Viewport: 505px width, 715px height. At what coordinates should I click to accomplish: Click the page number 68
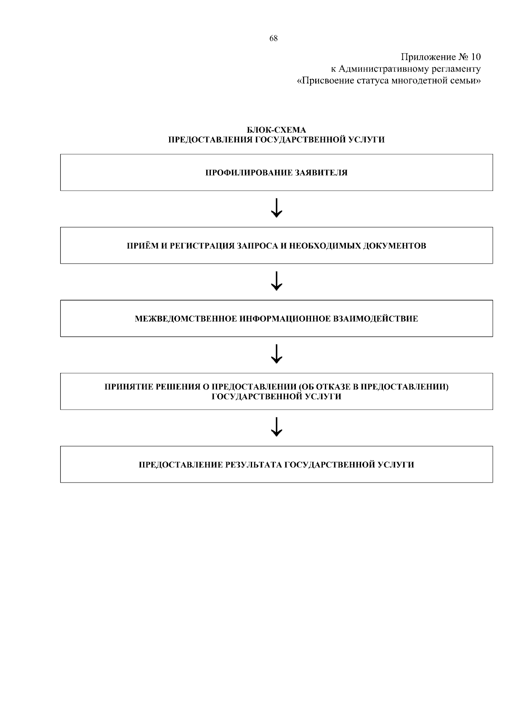click(x=274, y=38)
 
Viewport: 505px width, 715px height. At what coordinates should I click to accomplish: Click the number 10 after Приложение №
click(x=476, y=57)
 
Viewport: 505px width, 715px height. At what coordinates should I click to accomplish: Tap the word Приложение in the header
click(x=428, y=57)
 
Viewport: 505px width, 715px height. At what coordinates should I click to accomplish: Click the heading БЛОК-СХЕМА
click(x=276, y=130)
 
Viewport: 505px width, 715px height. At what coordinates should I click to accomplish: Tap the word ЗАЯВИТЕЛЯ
click(x=321, y=173)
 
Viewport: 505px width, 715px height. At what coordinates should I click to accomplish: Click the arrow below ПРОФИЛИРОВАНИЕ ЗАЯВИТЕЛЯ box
click(x=276, y=208)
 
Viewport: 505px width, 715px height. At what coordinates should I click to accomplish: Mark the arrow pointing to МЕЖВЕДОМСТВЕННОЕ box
click(x=276, y=281)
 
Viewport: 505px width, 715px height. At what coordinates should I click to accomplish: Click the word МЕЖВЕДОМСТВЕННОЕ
click(x=186, y=319)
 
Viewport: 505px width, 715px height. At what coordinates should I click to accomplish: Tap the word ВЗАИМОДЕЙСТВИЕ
click(x=375, y=319)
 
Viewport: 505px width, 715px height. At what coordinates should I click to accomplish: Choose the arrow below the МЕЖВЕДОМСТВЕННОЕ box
click(x=276, y=354)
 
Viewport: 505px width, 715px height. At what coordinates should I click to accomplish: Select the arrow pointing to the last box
click(x=276, y=427)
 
